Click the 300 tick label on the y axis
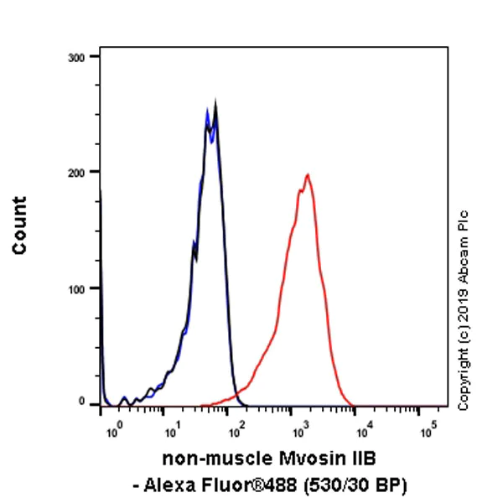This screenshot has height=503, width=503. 76,57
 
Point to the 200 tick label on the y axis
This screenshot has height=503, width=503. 76,172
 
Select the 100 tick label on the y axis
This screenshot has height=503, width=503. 76,288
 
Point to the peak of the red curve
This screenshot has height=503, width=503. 308,175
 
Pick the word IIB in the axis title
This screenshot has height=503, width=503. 357,459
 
